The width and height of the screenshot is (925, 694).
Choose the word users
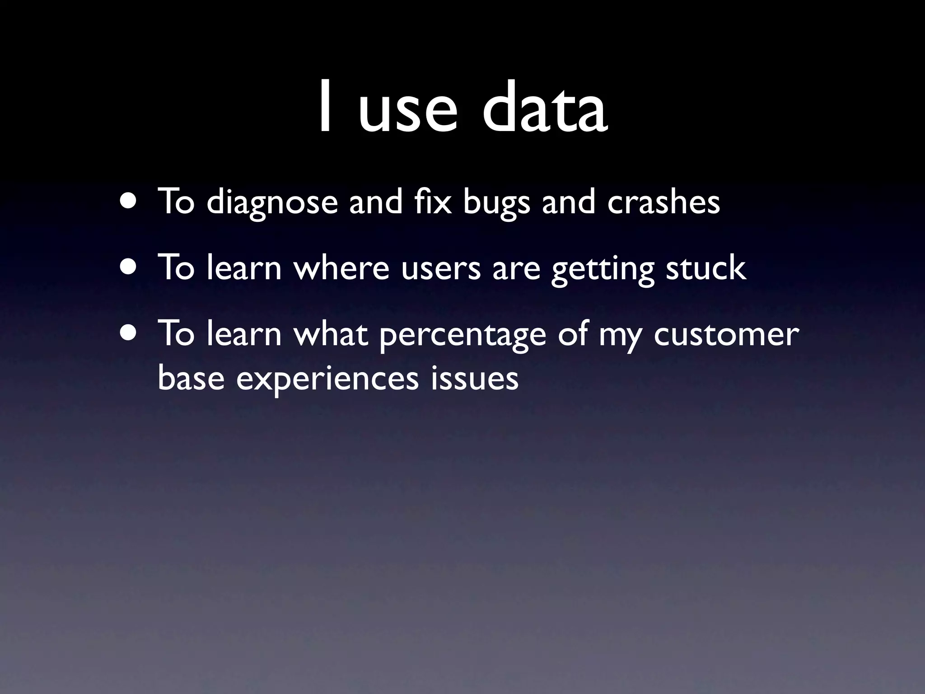(x=441, y=269)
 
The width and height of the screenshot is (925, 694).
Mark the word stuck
(x=705, y=267)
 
